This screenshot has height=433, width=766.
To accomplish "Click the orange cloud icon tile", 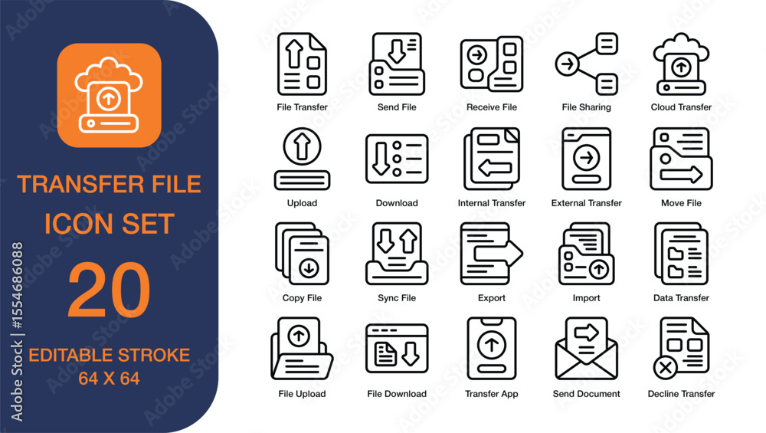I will [109, 94].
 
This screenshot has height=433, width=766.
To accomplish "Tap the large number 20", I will [109, 290].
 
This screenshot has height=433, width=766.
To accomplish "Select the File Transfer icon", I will [302, 64].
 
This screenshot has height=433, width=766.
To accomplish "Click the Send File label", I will [397, 107].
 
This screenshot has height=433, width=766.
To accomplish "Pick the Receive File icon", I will [492, 64].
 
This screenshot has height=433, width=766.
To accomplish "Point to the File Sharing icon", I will [587, 64].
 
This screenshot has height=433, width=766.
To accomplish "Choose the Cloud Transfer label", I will [681, 107].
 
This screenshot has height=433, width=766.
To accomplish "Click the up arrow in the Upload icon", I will [302, 143].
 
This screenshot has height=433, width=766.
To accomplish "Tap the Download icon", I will [397, 159].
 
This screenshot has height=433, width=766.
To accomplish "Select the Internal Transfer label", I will [492, 203].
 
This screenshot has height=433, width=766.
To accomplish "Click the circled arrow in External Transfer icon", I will [587, 158].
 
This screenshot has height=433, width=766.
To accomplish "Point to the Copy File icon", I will [302, 254].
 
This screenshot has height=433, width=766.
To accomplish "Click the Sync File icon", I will [397, 254].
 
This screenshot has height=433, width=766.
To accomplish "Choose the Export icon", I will [492, 254].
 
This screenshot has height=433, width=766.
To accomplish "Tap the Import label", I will [587, 298].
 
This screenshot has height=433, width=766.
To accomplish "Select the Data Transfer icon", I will [681, 254].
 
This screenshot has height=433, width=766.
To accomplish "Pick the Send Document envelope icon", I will [587, 350].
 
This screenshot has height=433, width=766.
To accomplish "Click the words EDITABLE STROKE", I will [109, 356].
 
